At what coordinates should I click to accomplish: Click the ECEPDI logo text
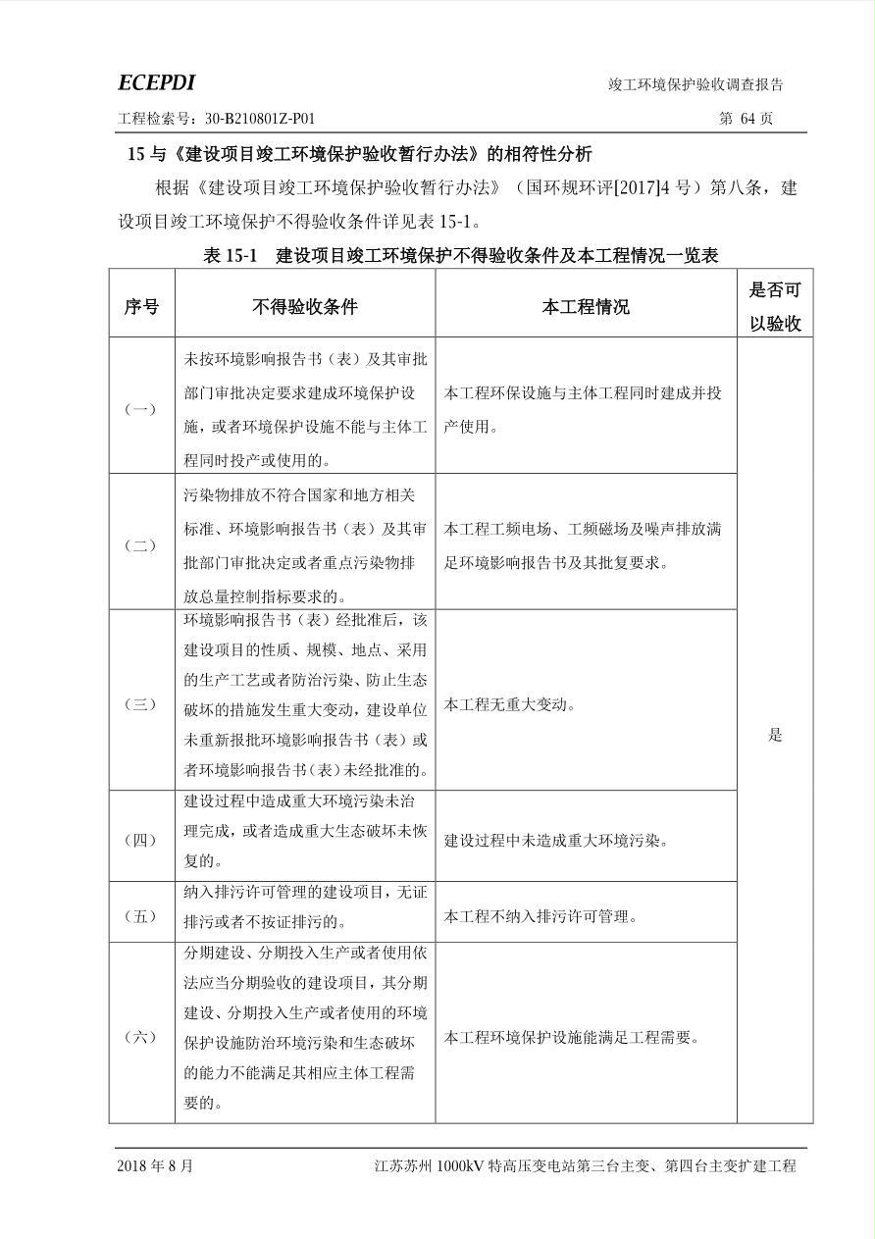coord(156,82)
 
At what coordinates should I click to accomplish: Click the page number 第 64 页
coord(746,119)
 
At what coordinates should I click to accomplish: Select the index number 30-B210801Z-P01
coord(260,119)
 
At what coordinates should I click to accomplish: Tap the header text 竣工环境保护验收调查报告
coord(695,84)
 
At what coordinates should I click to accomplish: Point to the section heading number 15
coord(136,154)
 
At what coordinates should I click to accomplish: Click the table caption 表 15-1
coord(230,256)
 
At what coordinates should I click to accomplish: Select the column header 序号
coord(141,307)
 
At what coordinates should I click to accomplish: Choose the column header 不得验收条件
coord(304,307)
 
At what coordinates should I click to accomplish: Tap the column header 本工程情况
coord(586,307)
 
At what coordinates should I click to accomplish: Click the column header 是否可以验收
coord(775,306)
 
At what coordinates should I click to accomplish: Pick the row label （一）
coord(141,409)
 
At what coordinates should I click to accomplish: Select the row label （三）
coord(141,704)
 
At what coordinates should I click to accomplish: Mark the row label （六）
coord(141,1037)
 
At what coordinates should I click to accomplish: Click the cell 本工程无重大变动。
coord(510,704)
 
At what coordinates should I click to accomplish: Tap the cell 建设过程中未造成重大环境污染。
coord(555,841)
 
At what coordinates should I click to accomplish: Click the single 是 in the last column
coord(775,735)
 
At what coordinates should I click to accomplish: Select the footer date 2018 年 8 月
coord(155,1166)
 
